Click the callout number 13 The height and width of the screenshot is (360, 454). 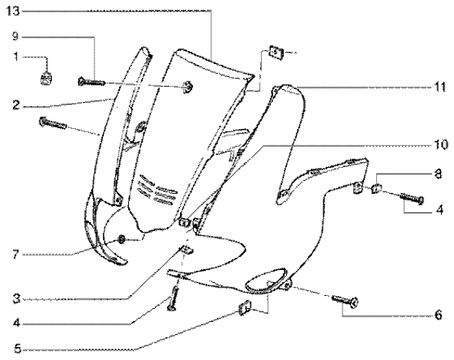coord(13,11)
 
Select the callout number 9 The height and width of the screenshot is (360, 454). coord(15,37)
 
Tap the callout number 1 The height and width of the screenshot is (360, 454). coord(16,57)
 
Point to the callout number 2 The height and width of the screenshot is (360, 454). coord(16,104)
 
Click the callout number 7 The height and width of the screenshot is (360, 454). coord(16,255)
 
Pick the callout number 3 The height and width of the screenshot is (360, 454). coord(17,299)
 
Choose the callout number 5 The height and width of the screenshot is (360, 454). coord(18,349)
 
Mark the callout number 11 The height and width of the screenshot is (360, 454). coord(440,87)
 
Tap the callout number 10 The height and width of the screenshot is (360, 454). coord(441,144)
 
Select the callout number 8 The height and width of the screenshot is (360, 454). coord(438,174)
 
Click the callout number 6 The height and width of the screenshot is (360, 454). coord(439,315)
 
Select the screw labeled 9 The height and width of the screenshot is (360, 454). coord(92,82)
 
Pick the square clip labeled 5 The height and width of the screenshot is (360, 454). coord(245,308)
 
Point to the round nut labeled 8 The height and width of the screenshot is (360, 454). coord(376,188)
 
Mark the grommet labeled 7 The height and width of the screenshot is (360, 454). coord(121,239)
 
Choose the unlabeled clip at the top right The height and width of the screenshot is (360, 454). coord(276,53)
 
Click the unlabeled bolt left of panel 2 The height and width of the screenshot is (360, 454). coord(53,123)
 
